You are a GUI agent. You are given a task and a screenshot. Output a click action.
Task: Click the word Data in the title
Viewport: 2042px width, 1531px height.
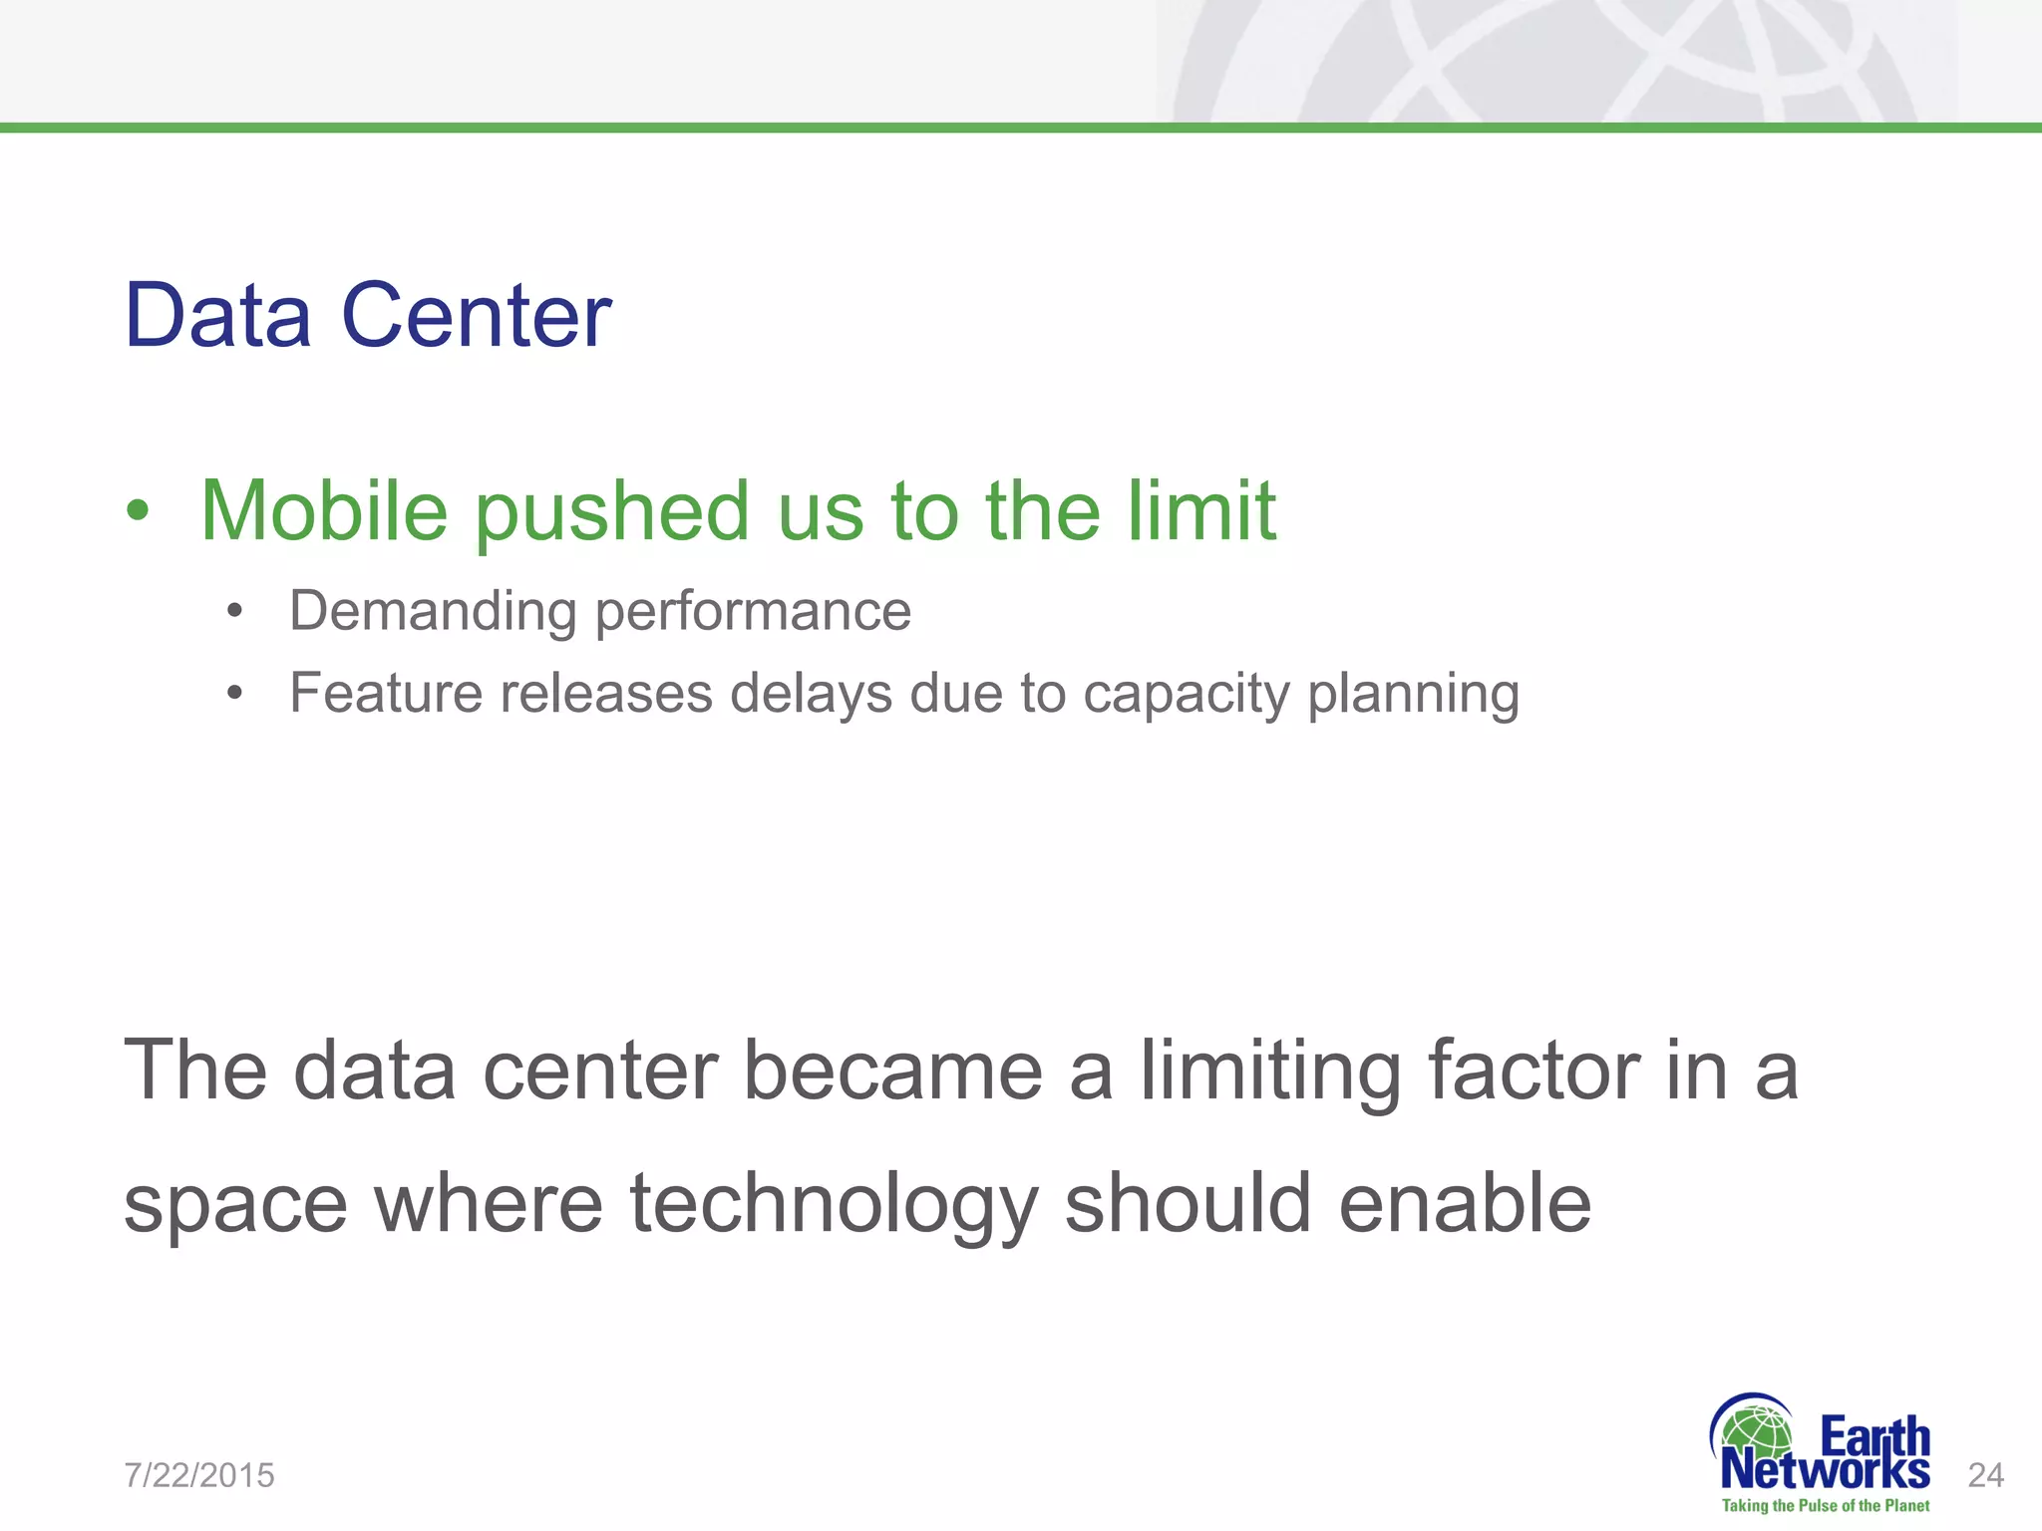click(x=217, y=315)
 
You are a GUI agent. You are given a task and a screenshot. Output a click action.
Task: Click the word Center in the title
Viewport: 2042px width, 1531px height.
click(x=476, y=315)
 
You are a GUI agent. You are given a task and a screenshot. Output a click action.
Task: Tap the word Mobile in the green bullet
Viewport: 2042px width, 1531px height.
click(x=324, y=510)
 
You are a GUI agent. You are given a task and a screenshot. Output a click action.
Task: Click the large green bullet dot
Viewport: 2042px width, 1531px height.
click(x=138, y=512)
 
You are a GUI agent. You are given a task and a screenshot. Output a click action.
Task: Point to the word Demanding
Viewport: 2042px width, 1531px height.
click(x=433, y=611)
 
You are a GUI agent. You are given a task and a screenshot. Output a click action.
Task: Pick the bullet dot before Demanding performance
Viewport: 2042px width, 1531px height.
click(x=234, y=611)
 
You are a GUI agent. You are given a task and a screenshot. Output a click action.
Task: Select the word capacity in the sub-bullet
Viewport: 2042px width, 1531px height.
click(x=1186, y=695)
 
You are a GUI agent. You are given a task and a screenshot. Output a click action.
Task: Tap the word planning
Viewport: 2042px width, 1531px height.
click(x=1413, y=695)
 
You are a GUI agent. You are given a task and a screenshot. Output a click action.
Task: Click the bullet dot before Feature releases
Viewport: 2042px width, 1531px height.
click(x=234, y=693)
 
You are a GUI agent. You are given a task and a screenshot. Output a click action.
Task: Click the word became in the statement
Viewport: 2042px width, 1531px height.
click(x=893, y=1071)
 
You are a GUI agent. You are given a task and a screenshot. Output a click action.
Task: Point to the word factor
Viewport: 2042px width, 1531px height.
click(x=1533, y=1071)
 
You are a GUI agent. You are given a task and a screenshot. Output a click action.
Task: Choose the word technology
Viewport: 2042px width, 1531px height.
click(x=835, y=1204)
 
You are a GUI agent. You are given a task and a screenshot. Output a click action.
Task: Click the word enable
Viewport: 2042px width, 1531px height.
click(x=1465, y=1204)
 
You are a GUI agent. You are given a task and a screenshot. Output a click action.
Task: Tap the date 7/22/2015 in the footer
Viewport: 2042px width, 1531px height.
click(x=199, y=1475)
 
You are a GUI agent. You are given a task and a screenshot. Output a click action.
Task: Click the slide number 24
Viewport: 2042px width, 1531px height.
click(x=1985, y=1475)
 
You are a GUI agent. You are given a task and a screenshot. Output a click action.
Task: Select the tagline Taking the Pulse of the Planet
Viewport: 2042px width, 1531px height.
click(x=1825, y=1506)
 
